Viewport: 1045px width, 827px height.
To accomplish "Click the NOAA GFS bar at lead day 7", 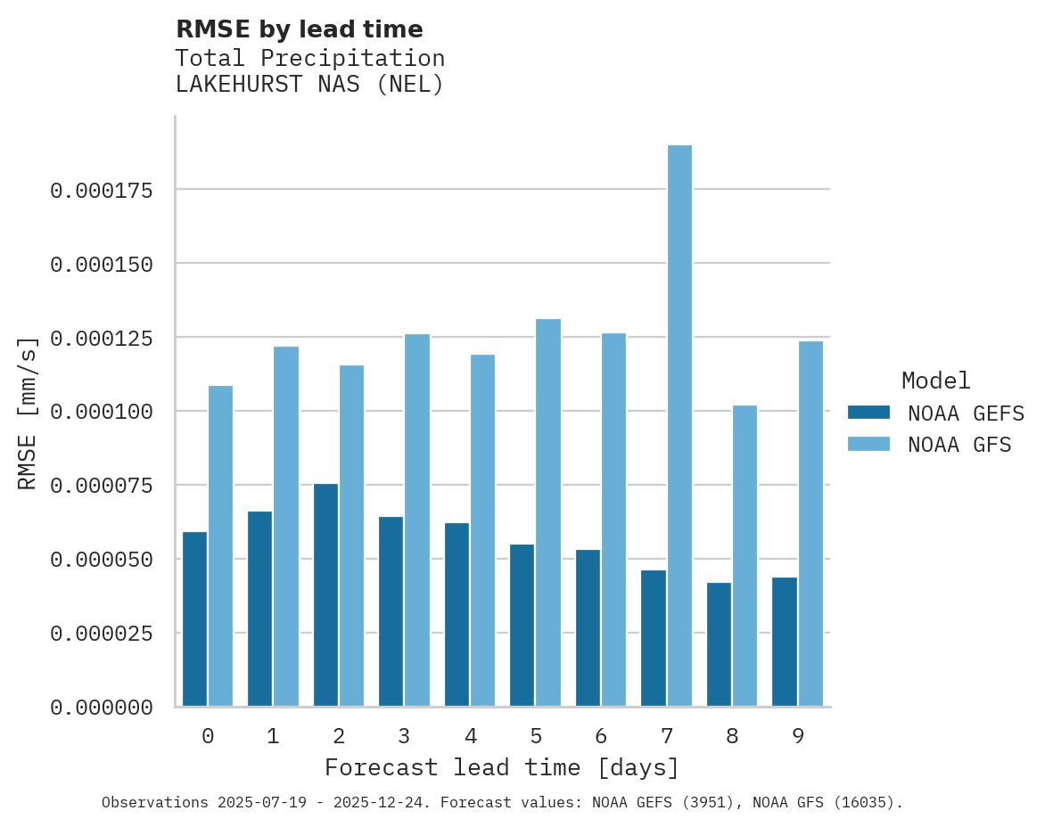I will tap(679, 426).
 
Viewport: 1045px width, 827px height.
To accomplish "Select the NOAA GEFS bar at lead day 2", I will tap(325, 595).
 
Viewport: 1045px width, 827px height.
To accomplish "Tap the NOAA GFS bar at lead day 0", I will tap(220, 546).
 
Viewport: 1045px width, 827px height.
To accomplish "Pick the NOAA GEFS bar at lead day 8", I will tap(719, 644).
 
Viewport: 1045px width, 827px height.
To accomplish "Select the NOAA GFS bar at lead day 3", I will tap(417, 520).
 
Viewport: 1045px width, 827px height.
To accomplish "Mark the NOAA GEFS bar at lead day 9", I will tap(785, 642).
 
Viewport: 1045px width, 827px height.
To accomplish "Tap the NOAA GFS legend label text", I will tap(959, 445).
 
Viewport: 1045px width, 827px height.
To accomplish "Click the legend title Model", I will tap(935, 381).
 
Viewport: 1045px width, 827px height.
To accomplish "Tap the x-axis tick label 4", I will tap(470, 736).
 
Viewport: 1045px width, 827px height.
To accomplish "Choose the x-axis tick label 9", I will tap(798, 736).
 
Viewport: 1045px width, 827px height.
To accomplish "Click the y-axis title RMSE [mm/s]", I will tap(28, 413).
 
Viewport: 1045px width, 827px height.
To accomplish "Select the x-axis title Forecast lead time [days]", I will tap(502, 767).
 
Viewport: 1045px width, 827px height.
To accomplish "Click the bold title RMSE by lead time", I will tap(299, 29).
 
